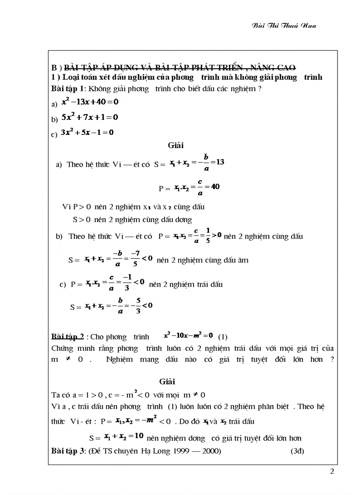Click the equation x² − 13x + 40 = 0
click(90, 102)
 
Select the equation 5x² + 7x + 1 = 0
click(90, 118)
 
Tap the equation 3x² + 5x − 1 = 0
click(87, 132)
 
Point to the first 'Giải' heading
click(175, 145)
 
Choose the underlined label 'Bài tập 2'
click(67, 337)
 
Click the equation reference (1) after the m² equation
click(223, 337)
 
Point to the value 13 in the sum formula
click(221, 162)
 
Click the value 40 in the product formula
click(215, 186)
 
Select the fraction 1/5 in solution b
click(205, 236)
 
